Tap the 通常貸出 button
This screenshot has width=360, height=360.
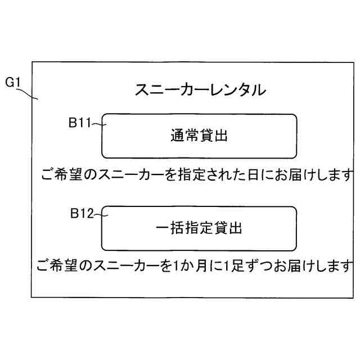point(199,136)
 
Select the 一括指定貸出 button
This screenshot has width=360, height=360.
point(199,228)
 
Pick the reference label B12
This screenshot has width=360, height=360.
point(81,214)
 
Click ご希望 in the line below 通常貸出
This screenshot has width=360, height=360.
point(61,174)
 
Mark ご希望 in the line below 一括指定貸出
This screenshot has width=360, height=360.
point(56,264)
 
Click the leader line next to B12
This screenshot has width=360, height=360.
point(100,214)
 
